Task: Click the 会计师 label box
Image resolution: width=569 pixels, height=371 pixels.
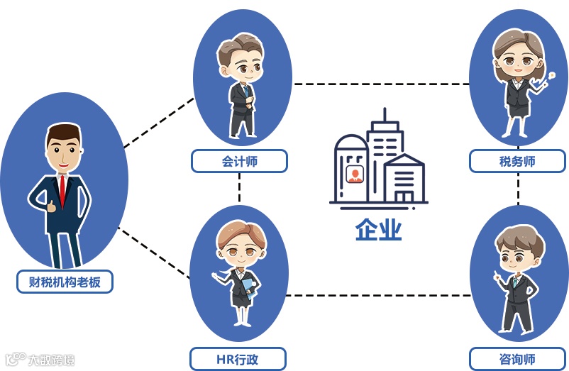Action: tap(239, 161)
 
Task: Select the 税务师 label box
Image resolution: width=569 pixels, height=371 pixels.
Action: tap(517, 161)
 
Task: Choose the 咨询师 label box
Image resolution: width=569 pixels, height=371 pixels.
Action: tap(517, 359)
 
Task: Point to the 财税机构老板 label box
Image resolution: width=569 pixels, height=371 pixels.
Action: tap(65, 282)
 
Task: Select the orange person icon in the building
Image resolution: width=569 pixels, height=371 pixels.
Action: tap(353, 174)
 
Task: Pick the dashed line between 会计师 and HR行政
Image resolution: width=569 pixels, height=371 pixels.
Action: tap(240, 189)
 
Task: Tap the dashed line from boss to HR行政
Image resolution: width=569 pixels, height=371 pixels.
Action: tap(155, 253)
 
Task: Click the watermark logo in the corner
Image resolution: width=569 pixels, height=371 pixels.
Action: tap(39, 359)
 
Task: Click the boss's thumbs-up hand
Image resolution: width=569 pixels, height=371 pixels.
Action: tap(50, 206)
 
